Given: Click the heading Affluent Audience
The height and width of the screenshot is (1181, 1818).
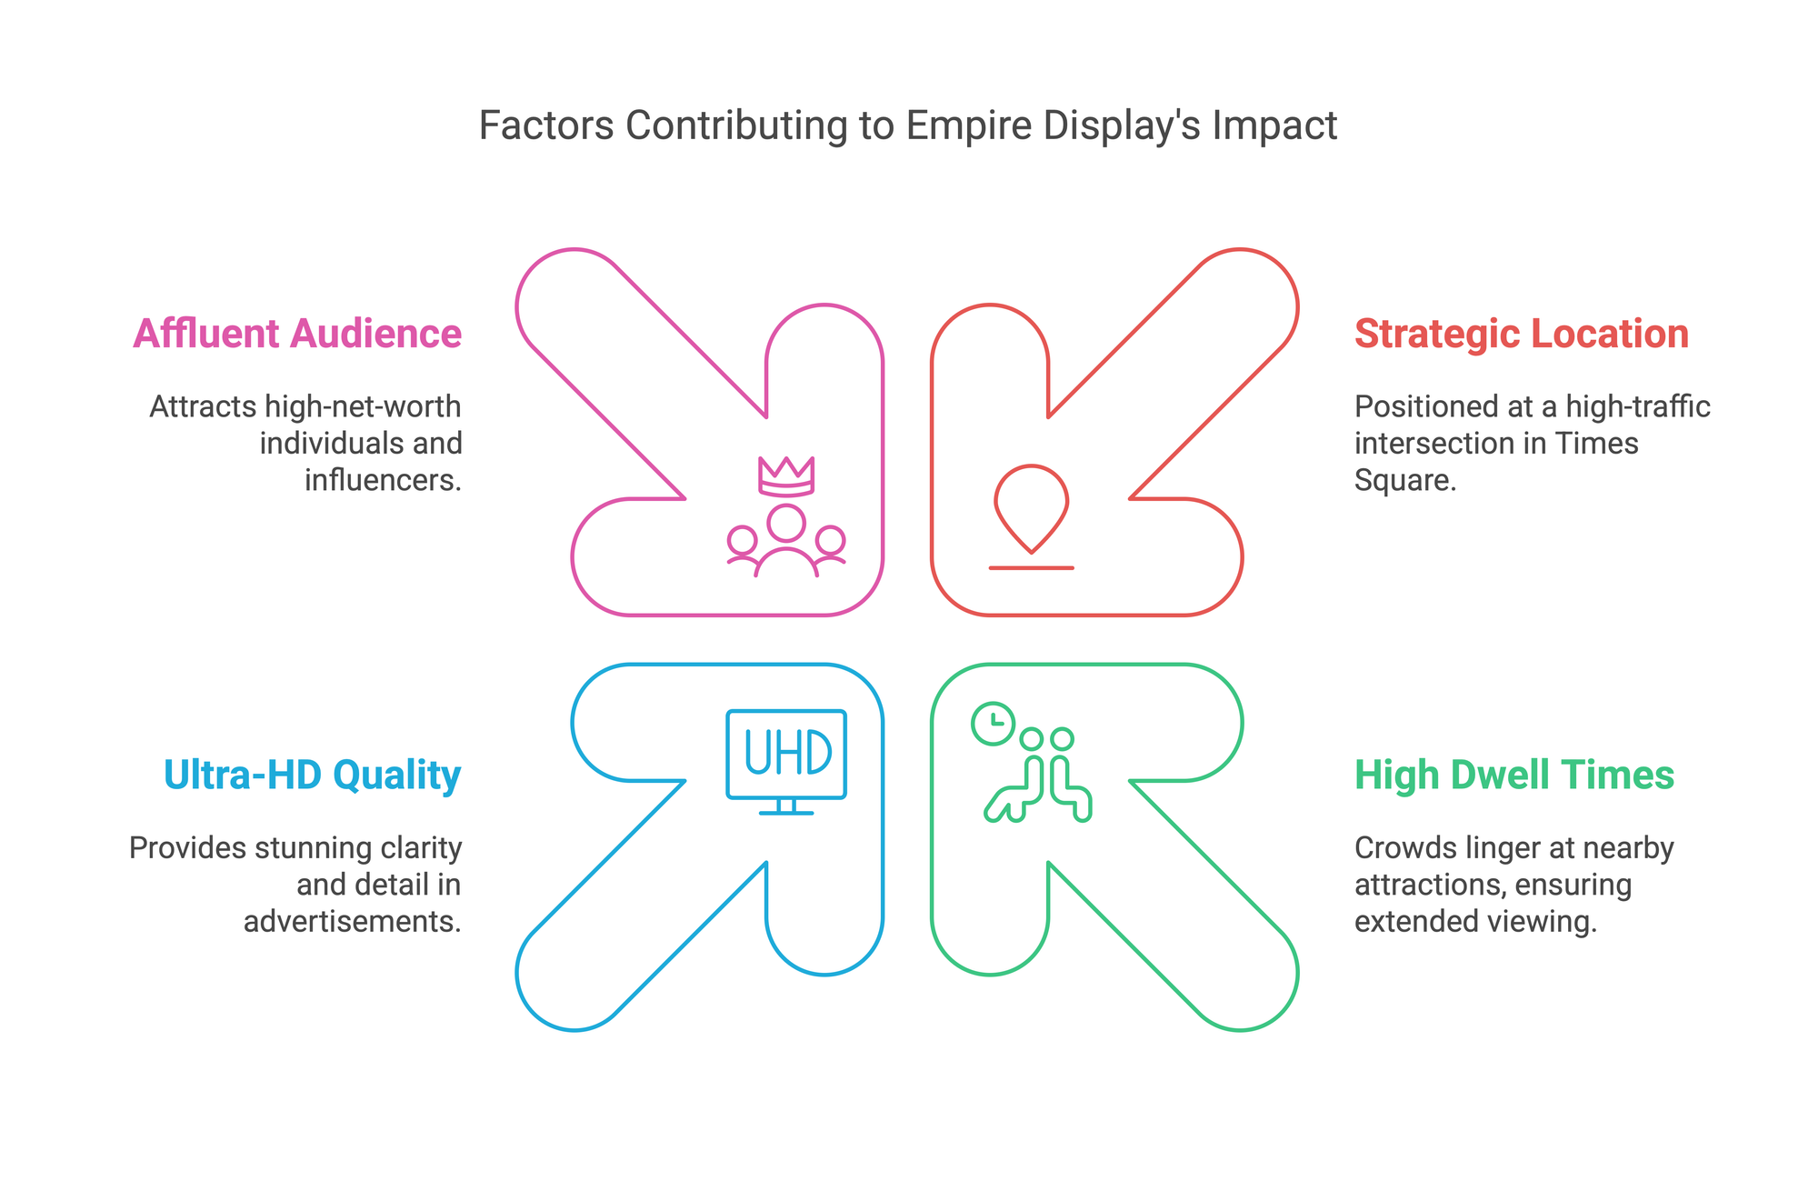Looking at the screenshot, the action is coord(297,334).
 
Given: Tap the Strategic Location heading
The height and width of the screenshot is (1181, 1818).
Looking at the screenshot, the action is coord(1522,334).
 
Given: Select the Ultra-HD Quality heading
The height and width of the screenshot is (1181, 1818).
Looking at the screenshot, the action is coord(313,775).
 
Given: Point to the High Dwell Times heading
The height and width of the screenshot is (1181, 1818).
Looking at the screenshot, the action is coord(1514,775).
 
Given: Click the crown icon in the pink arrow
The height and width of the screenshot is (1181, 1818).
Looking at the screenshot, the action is coord(786,476).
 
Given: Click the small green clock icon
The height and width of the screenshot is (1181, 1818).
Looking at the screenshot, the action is coord(994,724).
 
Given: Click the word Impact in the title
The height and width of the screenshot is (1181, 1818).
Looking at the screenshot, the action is coord(1274,125).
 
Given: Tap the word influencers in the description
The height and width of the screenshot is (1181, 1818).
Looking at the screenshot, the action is coord(384,479).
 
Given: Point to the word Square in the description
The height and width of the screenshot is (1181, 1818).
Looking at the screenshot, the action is coord(1405,480).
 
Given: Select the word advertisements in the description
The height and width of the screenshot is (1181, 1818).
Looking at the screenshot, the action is coord(353,921).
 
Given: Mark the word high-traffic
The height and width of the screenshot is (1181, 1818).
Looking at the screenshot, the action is coord(1639,406).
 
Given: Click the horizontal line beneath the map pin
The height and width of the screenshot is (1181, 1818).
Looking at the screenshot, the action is coord(1032,568).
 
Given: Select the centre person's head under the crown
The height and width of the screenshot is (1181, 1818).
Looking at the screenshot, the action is coord(786,523).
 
